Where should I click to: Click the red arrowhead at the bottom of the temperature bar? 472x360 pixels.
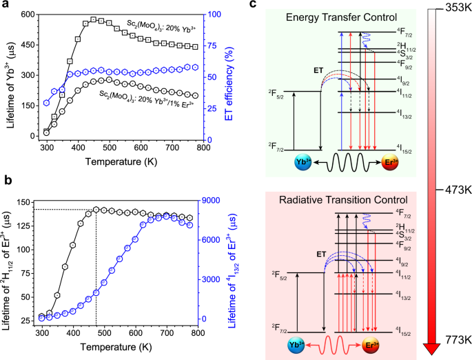point(432,348)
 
